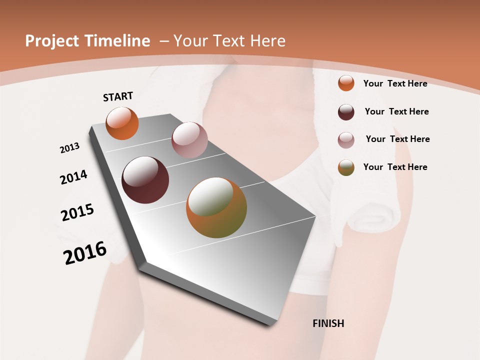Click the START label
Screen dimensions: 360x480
[x=118, y=96]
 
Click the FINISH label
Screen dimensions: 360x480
[x=328, y=323]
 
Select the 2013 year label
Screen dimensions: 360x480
[x=70, y=148]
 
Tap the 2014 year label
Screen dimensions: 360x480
[x=74, y=177]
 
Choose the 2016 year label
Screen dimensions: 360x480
[x=85, y=253]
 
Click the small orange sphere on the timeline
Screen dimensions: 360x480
[x=122, y=123]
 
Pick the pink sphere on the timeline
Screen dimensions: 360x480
[x=189, y=140]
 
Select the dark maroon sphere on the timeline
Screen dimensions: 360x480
[x=145, y=180]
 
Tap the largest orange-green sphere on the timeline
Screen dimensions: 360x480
[x=216, y=207]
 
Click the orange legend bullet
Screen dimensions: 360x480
[x=346, y=83]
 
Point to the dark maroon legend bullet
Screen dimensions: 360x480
[x=346, y=112]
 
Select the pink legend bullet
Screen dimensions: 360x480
[x=346, y=140]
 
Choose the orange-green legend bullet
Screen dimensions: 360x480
[x=346, y=167]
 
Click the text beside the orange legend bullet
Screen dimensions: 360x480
[x=395, y=83]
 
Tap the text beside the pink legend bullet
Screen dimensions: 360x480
[x=397, y=139]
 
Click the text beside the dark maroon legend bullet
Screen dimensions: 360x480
[x=396, y=111]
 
